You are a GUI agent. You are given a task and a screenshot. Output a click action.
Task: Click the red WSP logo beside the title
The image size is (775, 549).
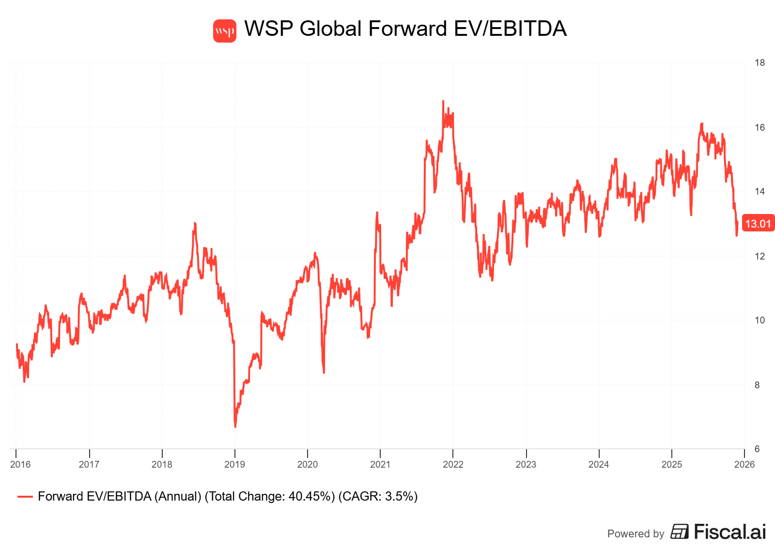[x=225, y=31]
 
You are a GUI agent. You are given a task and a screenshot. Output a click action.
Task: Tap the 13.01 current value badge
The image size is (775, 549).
[x=758, y=224]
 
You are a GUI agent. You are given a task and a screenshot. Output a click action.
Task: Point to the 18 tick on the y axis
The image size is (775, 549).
[x=759, y=62]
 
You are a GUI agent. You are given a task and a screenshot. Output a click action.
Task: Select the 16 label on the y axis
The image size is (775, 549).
[x=759, y=127]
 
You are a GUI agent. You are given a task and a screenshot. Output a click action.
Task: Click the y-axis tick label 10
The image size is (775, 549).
[x=759, y=320]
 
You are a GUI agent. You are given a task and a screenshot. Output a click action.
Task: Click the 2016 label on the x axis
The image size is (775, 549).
[x=20, y=464]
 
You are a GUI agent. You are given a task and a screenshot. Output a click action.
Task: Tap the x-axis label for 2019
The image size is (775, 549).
[x=234, y=464]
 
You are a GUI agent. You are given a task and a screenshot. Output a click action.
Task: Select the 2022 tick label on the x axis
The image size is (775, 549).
[x=453, y=464]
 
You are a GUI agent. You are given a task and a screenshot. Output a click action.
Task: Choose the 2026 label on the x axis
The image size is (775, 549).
[x=744, y=464]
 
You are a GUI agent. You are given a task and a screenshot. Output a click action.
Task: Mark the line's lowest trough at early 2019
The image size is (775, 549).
[x=235, y=427]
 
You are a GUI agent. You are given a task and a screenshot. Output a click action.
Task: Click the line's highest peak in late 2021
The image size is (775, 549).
[x=443, y=101]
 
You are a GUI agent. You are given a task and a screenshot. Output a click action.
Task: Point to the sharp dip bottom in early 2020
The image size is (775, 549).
[x=324, y=372]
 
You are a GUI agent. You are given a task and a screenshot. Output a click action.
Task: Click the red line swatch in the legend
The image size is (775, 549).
[x=25, y=497]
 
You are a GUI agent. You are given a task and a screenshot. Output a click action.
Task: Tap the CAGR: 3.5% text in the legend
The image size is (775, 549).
[x=378, y=497]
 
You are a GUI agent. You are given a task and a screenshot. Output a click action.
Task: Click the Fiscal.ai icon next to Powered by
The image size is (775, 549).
[x=680, y=532]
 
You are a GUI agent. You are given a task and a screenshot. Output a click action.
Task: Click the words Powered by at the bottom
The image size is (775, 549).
[x=635, y=534]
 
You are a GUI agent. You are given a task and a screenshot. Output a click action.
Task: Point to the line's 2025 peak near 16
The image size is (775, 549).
[x=701, y=124]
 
